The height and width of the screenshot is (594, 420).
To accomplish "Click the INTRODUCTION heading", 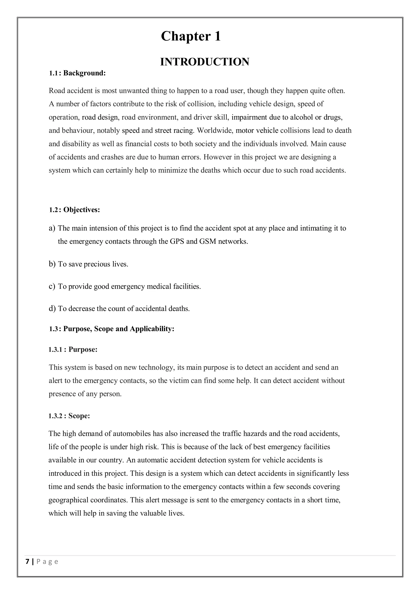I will pyautogui.click(x=205, y=62).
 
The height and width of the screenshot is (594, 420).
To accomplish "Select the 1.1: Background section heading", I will pyautogui.click(x=77, y=73).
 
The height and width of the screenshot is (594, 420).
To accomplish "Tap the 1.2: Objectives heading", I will pyautogui.click(x=74, y=210).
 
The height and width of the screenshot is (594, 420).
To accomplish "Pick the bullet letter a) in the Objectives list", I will pyautogui.click(x=52, y=228).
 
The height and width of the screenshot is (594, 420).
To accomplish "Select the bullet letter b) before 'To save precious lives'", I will pyautogui.click(x=52, y=264).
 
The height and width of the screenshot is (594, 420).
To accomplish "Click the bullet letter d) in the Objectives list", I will pyautogui.click(x=52, y=309).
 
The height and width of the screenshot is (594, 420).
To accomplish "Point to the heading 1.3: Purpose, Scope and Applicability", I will pyautogui.click(x=112, y=329).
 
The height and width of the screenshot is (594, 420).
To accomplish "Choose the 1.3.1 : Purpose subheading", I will pyautogui.click(x=73, y=350).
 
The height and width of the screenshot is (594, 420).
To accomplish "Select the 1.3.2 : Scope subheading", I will pyautogui.click(x=69, y=416).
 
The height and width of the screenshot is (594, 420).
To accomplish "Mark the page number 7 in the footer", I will pyautogui.click(x=27, y=562).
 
